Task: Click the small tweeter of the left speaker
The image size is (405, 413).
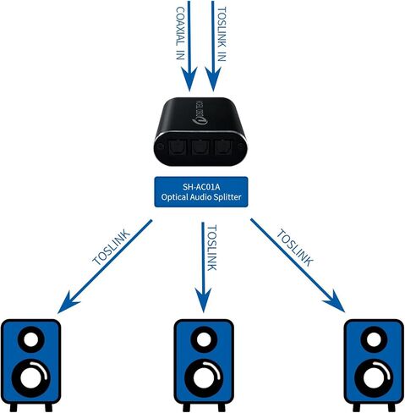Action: pyautogui.click(x=30, y=342)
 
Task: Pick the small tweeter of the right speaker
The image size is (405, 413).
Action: pyautogui.click(x=374, y=342)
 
